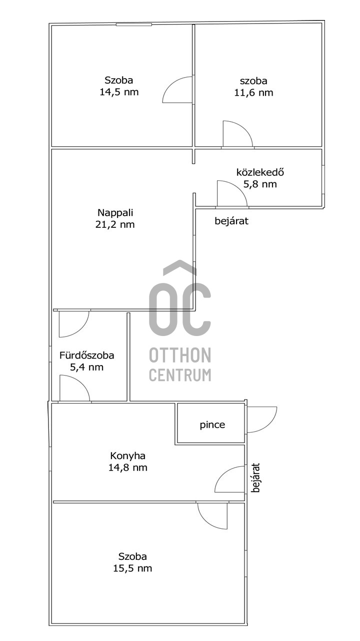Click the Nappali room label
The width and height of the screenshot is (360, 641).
point(115,213)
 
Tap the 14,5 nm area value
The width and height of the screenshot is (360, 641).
point(119,92)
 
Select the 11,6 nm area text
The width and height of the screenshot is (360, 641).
point(253,93)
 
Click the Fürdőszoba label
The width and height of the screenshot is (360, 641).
point(87,355)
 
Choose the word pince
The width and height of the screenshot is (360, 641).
point(212,425)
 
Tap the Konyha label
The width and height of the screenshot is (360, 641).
point(127,456)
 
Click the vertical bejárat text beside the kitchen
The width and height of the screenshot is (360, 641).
point(256,478)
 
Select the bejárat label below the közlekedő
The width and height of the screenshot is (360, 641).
point(231,221)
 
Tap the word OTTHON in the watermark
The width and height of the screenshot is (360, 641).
point(180,355)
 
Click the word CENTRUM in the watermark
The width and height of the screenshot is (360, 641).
point(180,375)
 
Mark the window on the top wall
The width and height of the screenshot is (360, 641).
point(133,25)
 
